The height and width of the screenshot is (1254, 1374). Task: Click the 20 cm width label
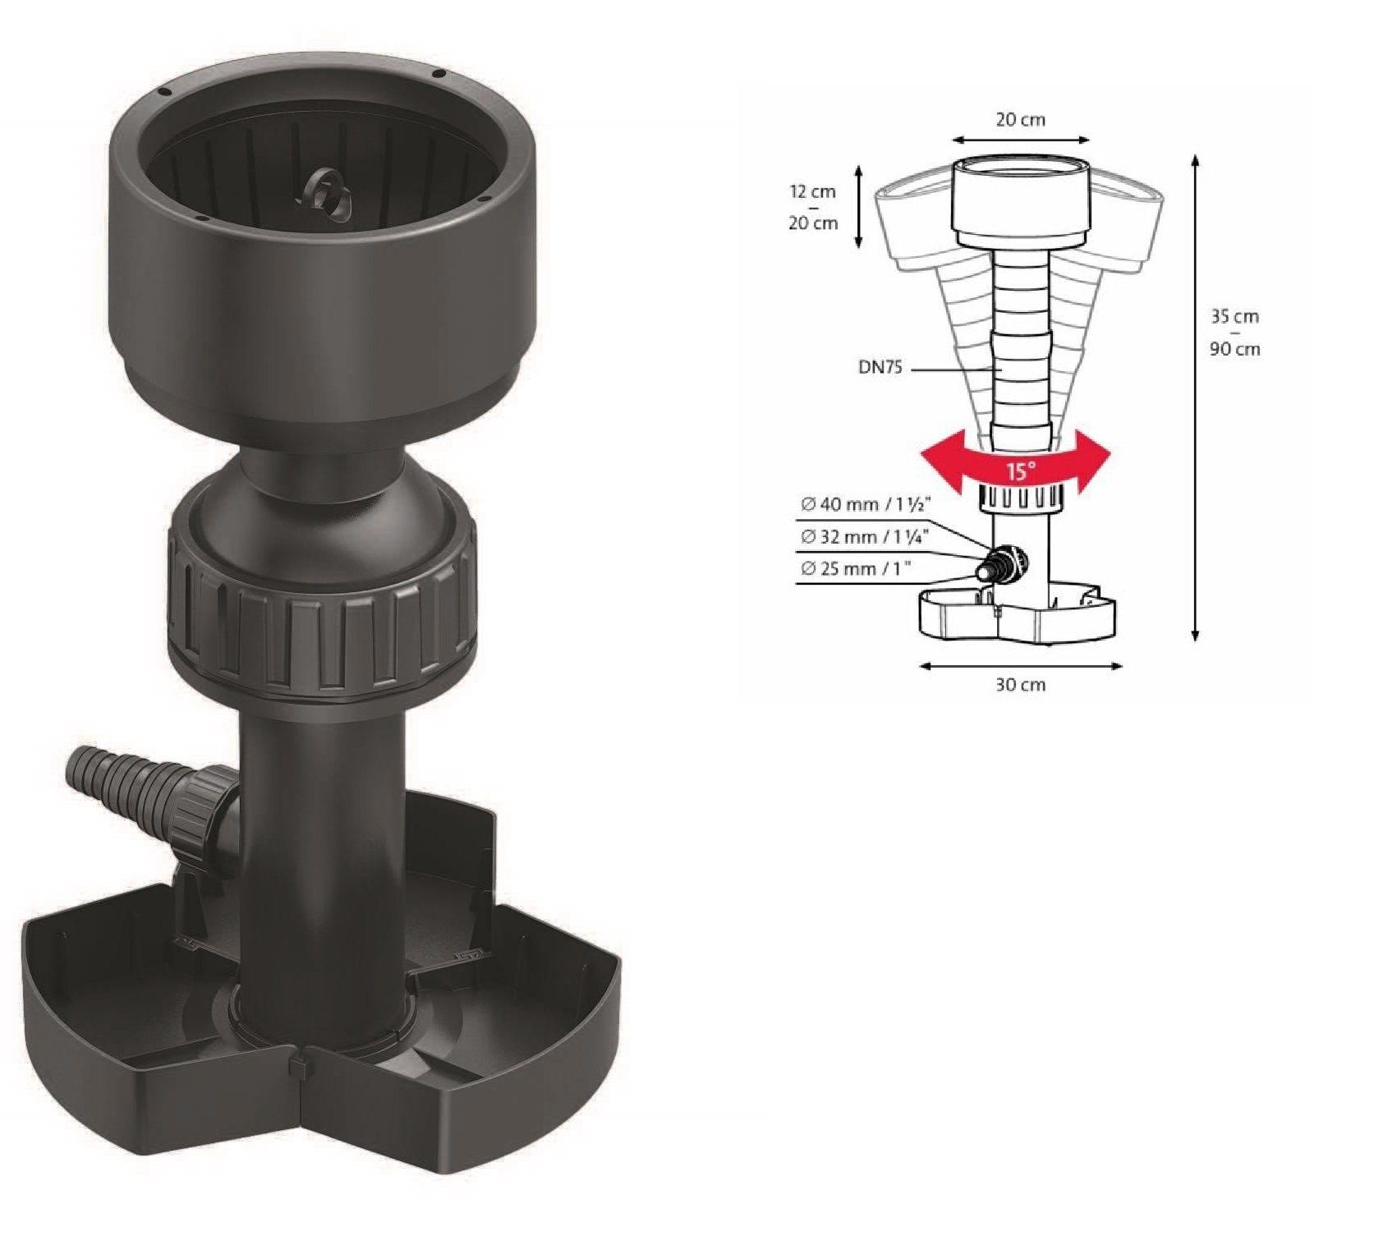[x=1021, y=120]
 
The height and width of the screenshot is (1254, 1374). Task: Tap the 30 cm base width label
[x=1021, y=684]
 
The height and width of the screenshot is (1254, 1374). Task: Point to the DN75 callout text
[x=880, y=368]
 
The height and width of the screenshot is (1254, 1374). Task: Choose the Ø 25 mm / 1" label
[x=855, y=568]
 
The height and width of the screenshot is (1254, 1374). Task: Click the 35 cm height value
[x=1234, y=316]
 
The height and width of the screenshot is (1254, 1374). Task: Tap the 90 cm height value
[x=1234, y=349]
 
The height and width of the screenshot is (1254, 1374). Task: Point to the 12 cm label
[x=813, y=191]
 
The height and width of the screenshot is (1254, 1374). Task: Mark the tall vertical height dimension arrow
[x=1196, y=398]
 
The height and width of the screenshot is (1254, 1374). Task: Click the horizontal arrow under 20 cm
[x=1021, y=140]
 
